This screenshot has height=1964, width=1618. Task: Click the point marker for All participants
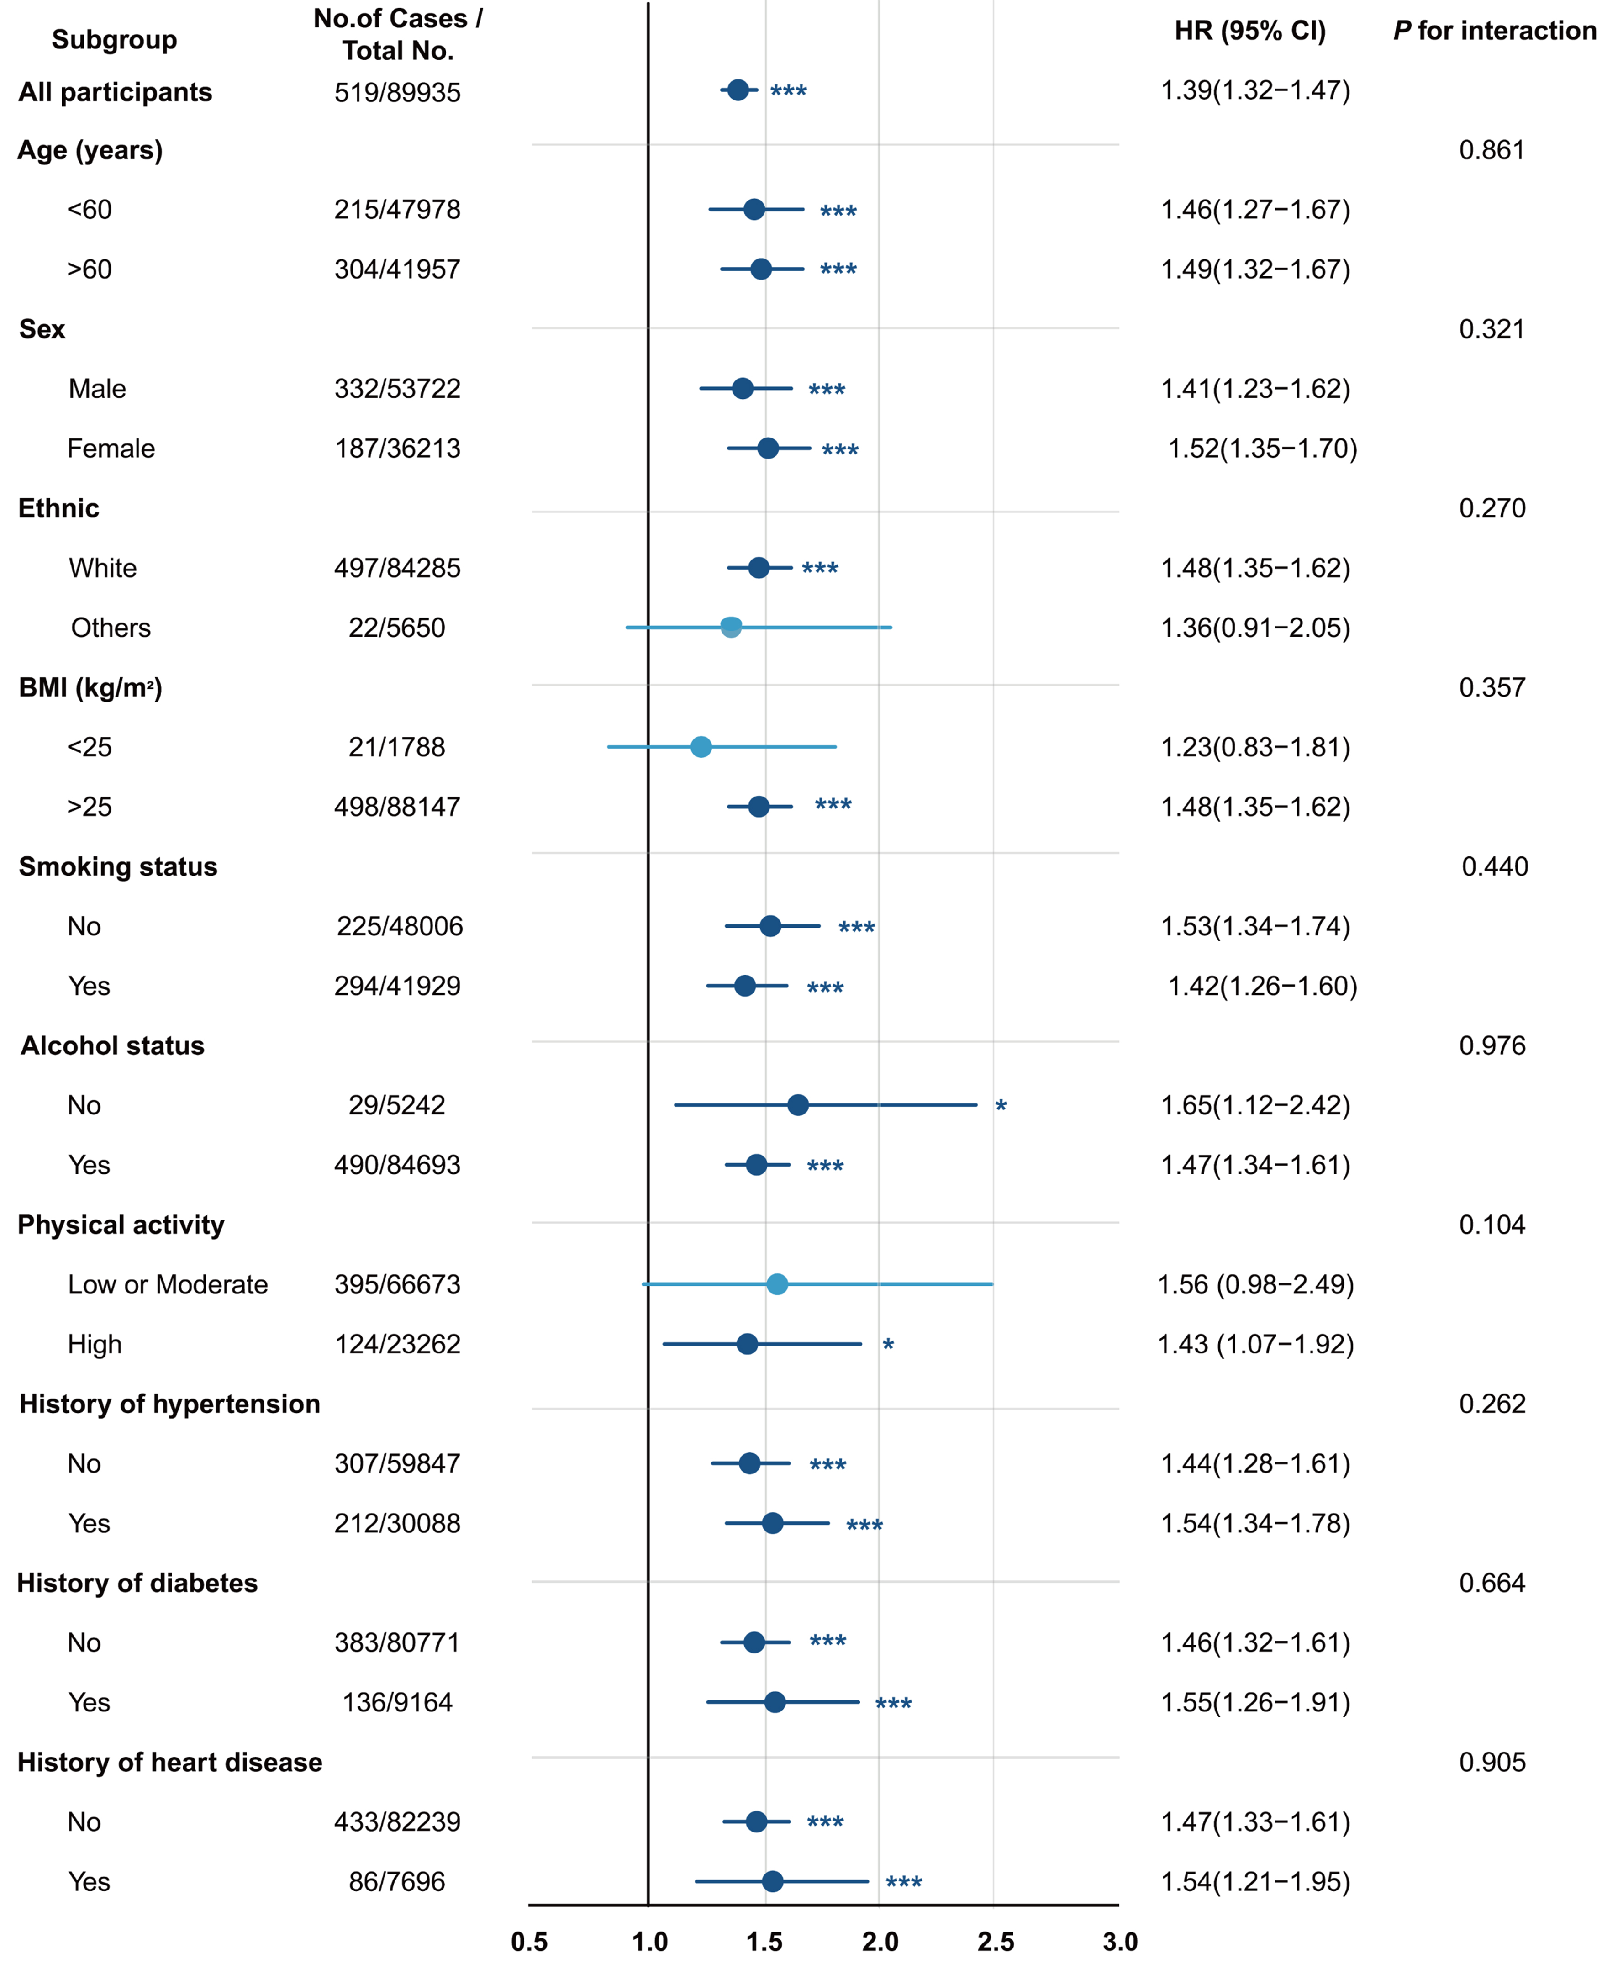click(x=737, y=90)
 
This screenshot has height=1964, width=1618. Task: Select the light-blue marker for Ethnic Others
click(x=731, y=627)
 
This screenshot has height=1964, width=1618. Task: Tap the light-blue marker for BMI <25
click(x=701, y=747)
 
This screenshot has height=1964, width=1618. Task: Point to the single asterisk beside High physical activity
click(x=888, y=1345)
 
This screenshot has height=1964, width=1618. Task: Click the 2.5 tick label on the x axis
click(x=995, y=1942)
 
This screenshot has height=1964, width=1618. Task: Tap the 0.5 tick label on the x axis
click(x=529, y=1942)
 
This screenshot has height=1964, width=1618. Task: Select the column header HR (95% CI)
click(x=1250, y=31)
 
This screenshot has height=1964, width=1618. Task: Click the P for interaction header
click(x=1494, y=31)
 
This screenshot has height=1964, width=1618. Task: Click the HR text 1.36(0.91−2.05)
click(x=1254, y=627)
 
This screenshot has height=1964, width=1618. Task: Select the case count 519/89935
click(x=397, y=92)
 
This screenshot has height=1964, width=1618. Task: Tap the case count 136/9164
click(x=397, y=1702)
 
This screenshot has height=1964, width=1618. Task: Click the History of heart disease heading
click(x=169, y=1762)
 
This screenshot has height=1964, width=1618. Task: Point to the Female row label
click(x=111, y=449)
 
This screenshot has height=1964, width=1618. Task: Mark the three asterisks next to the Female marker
click(x=840, y=450)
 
